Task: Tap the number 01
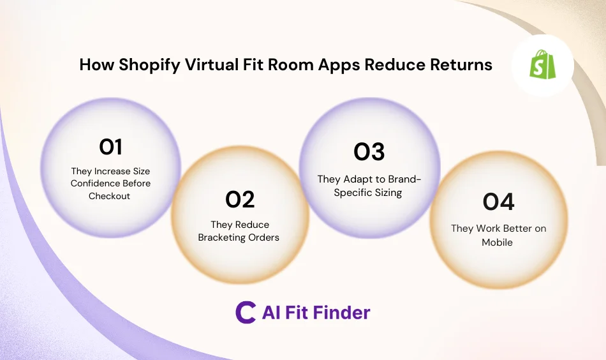click(110, 147)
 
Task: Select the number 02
click(240, 200)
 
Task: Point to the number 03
click(369, 152)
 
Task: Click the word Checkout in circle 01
click(109, 196)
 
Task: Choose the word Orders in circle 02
click(267, 237)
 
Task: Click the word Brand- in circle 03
click(399, 179)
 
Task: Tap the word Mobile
click(498, 242)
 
